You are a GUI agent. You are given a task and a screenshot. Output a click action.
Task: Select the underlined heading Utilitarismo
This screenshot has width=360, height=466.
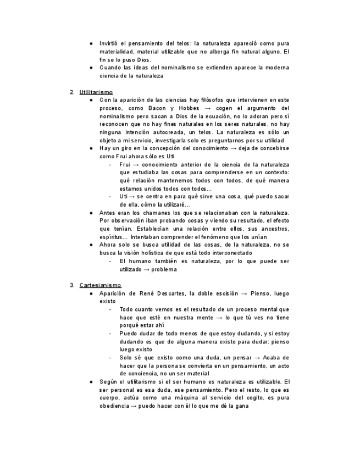(96, 92)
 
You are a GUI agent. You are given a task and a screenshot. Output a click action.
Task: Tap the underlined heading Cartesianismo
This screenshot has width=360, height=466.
(100, 285)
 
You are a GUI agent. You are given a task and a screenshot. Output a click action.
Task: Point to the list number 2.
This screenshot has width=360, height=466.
(72, 92)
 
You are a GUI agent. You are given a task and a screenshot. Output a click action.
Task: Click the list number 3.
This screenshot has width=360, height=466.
(72, 285)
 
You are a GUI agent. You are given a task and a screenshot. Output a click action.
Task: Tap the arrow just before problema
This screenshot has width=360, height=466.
(147, 269)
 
